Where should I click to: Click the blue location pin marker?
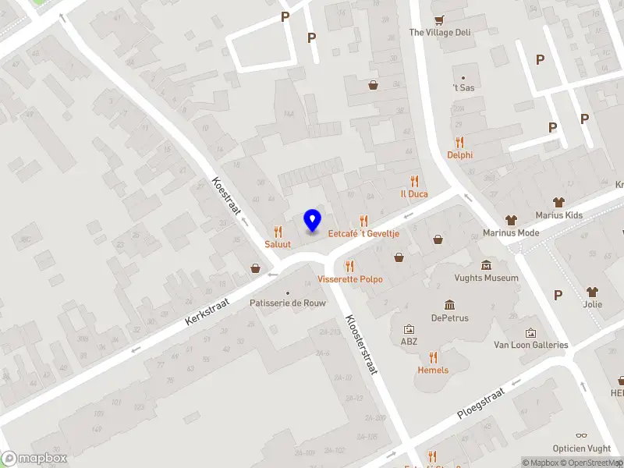click(312, 220)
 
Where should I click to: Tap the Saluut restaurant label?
click(278, 244)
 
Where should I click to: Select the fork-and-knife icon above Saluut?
click(278, 232)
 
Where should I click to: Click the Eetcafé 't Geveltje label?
click(363, 233)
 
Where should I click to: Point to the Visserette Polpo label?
click(350, 278)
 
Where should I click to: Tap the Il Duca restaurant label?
click(414, 193)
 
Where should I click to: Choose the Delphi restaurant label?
click(459, 154)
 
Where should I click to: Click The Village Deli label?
click(440, 33)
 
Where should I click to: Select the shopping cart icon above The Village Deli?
click(440, 19)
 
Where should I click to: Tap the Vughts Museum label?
click(485, 278)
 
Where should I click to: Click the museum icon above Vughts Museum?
click(486, 265)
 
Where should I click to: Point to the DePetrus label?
click(449, 317)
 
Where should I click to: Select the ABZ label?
click(409, 342)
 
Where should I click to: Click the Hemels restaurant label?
click(433, 370)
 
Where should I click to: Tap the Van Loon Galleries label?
click(531, 345)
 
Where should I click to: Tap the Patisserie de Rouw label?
click(288, 303)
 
